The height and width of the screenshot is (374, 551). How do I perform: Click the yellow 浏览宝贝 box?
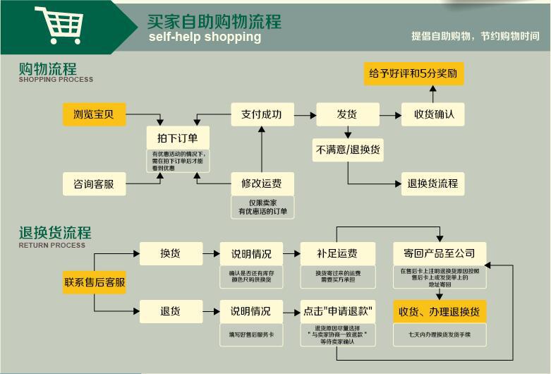tap(94, 114)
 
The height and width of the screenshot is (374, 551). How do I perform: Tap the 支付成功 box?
tap(262, 114)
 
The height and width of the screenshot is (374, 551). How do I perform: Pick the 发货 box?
tap(346, 114)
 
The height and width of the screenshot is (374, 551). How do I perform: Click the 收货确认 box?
tap(432, 114)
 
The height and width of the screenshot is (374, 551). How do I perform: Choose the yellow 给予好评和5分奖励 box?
tap(414, 73)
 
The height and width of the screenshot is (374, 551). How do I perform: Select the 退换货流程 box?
tap(432, 184)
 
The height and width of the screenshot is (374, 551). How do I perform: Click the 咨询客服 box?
tap(94, 184)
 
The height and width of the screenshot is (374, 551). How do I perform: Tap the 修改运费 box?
tap(262, 184)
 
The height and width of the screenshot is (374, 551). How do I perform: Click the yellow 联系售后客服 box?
tap(95, 282)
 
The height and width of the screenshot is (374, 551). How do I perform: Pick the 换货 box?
tap(170, 253)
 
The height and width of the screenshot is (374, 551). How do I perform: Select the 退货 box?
tap(170, 310)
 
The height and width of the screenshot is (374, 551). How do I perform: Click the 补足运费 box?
tap(336, 253)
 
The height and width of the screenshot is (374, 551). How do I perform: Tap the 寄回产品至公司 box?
tap(439, 253)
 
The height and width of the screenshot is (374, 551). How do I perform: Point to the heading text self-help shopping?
tap(205, 37)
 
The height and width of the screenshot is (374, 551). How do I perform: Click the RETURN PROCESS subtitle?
tap(52, 246)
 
